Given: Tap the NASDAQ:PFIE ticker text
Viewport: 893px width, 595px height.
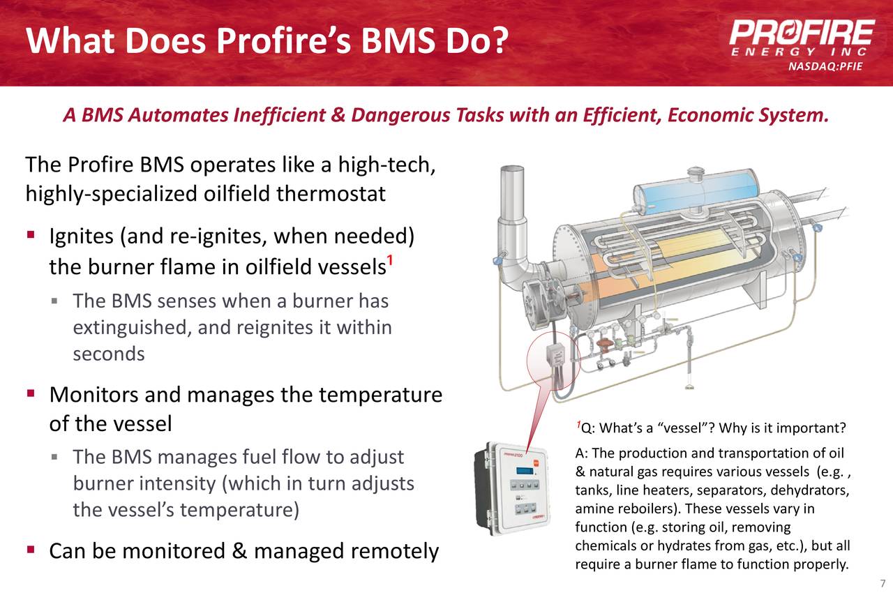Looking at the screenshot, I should [x=825, y=67].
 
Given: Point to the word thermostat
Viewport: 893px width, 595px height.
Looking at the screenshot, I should [x=331, y=193].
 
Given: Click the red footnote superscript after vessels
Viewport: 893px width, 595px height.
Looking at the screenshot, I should [x=391, y=262].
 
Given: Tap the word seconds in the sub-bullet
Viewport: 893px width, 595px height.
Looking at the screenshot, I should [x=109, y=354].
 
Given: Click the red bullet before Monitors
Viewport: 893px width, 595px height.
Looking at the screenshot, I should [x=31, y=395].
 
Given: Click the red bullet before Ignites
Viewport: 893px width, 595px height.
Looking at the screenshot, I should [x=31, y=237].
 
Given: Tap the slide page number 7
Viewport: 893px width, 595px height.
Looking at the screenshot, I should [x=883, y=584].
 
